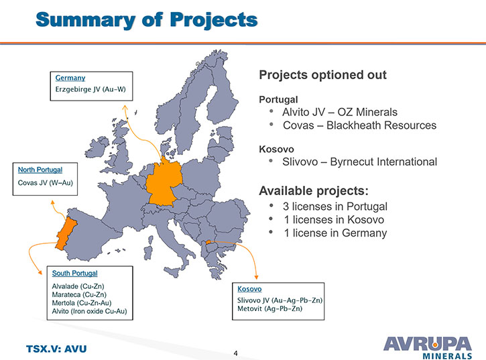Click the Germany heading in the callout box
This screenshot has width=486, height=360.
coord(70,78)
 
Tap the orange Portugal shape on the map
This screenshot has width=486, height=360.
coord(66,233)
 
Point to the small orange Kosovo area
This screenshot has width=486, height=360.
coord(208,242)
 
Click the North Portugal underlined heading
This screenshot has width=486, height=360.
coord(40,170)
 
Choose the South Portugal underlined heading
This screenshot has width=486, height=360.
coord(74,273)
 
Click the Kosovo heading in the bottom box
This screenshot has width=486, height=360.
coord(249,289)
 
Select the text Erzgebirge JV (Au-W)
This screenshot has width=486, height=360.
coord(90,89)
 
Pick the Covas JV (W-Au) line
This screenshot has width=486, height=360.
coord(46,182)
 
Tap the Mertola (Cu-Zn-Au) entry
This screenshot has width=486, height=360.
coord(82,303)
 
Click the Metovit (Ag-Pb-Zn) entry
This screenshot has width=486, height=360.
coord(269,308)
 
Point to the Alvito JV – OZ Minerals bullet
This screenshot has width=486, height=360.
coord(339,112)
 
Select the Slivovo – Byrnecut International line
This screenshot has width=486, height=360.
coord(359,162)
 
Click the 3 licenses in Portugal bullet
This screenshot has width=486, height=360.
coord(335,206)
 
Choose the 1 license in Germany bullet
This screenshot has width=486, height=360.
coord(335,233)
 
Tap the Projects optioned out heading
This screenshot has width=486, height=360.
coord(322,75)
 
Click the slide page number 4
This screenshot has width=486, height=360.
coord(236,353)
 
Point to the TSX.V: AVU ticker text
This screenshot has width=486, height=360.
coord(56,349)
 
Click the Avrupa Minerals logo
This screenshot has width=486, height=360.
coord(428,348)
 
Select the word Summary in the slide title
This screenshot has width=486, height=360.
coord(86,20)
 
